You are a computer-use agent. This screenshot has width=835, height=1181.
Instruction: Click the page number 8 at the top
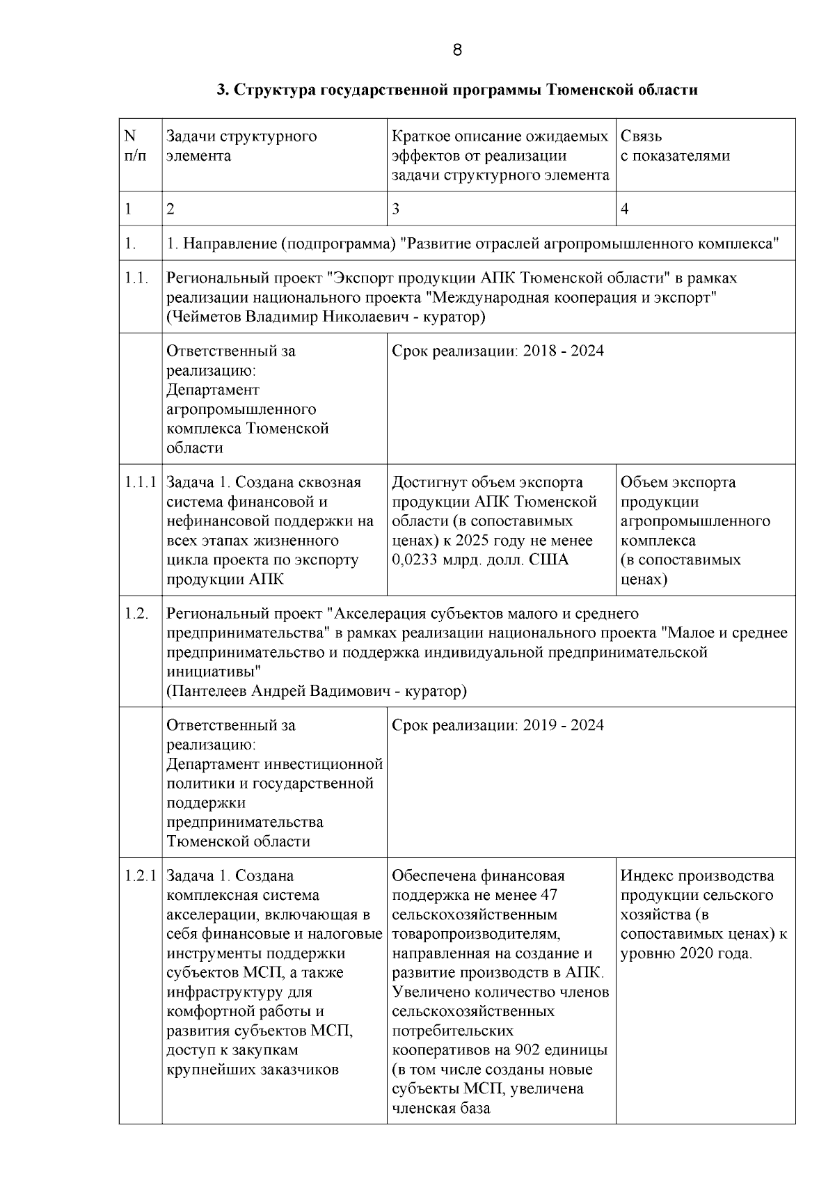pyautogui.click(x=456, y=50)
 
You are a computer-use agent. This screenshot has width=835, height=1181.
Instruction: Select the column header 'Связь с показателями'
pyautogui.click(x=675, y=146)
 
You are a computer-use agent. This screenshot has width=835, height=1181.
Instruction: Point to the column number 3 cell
pyautogui.click(x=396, y=209)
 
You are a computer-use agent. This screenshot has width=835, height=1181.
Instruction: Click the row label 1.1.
pyautogui.click(x=137, y=278)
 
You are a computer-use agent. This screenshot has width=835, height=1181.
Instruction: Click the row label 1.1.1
pyautogui.click(x=140, y=482)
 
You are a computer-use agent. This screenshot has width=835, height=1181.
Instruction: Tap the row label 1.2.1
pyautogui.click(x=140, y=876)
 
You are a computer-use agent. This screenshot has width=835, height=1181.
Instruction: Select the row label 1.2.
pyautogui.click(x=137, y=614)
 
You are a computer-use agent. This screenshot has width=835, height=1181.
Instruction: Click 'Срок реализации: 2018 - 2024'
pyautogui.click(x=498, y=351)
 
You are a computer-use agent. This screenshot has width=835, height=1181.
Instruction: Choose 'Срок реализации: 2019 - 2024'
pyautogui.click(x=498, y=726)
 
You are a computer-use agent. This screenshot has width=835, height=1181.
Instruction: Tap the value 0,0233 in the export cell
pyautogui.click(x=415, y=560)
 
